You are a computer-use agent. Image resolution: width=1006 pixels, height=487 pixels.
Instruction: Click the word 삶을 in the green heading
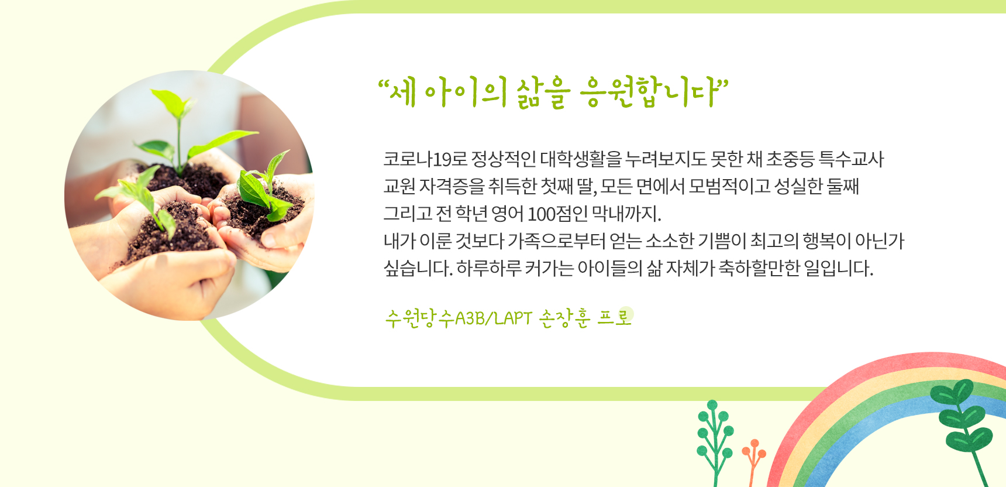click(542, 93)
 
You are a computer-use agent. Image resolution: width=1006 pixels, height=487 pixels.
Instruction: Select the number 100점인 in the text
click(557, 214)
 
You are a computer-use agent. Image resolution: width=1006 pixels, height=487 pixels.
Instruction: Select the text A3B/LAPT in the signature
click(494, 318)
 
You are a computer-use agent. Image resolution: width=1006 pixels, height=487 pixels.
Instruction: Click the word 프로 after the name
click(615, 317)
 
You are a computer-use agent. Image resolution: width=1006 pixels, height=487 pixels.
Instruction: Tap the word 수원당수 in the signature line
click(419, 318)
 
